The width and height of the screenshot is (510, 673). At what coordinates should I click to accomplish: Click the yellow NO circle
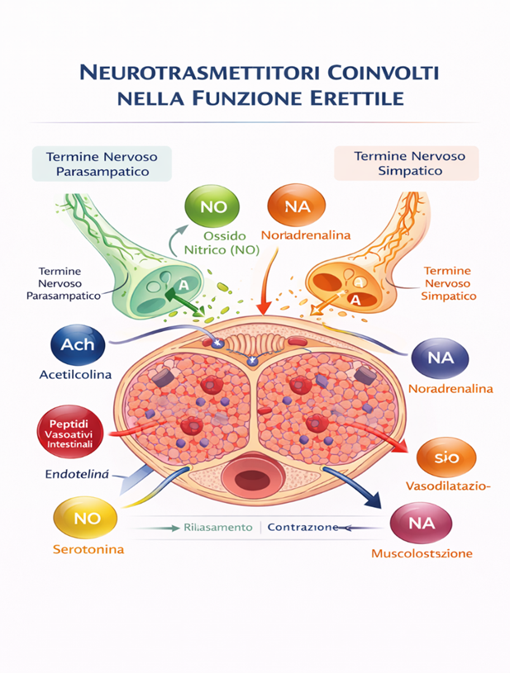86,519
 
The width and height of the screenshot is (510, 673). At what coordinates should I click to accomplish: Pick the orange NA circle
297,206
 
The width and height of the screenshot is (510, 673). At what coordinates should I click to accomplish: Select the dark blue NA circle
439,358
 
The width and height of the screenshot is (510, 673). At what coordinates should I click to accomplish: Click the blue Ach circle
78,344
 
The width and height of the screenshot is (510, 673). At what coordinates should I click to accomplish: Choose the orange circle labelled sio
446,457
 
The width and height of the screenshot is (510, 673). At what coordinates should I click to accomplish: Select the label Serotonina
87,548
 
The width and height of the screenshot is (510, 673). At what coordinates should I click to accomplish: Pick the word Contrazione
303,527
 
